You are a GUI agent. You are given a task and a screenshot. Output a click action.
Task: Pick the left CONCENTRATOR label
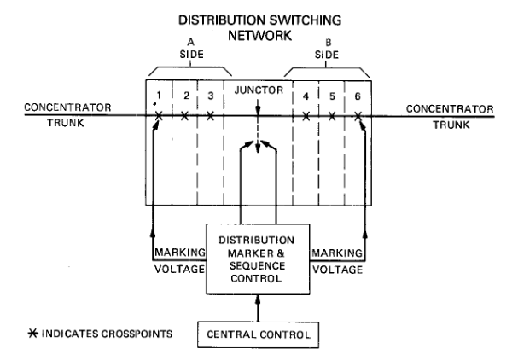57,107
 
